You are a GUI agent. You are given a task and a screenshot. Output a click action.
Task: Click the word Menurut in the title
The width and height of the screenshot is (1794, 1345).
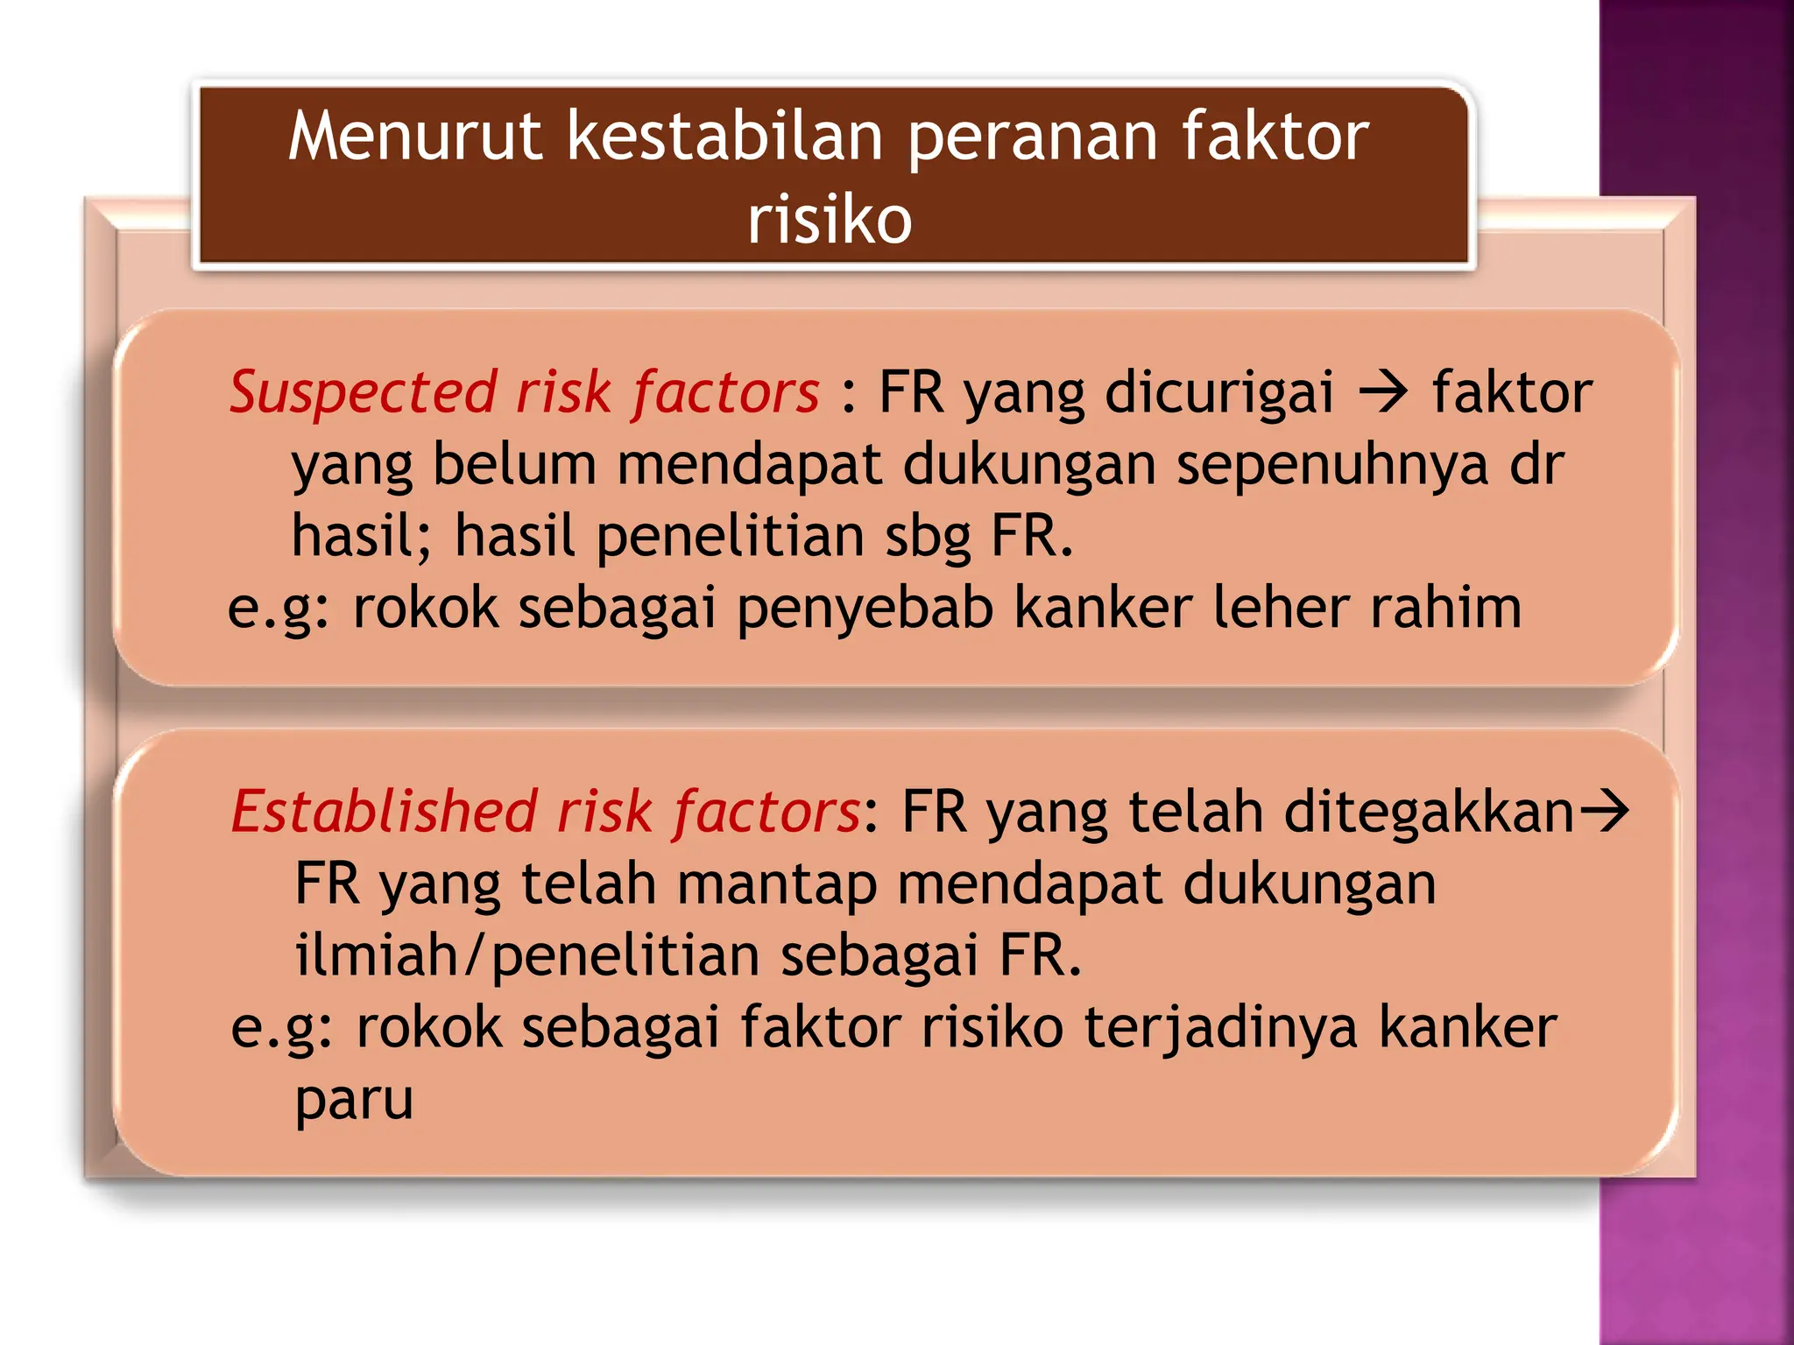(415, 137)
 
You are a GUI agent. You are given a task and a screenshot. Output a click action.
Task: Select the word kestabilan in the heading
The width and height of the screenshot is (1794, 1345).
(724, 137)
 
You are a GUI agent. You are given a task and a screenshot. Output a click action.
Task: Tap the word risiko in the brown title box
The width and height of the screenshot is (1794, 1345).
(830, 220)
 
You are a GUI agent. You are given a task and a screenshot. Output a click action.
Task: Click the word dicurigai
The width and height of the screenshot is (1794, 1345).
(1219, 393)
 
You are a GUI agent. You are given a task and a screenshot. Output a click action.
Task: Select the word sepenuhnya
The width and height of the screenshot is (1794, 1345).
(1331, 465)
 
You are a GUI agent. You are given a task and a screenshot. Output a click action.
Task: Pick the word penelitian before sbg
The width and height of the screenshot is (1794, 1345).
(731, 536)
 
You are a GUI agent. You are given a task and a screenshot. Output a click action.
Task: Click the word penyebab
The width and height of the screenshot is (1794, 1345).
(865, 609)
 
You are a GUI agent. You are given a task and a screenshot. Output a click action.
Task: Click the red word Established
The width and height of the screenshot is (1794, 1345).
(385, 811)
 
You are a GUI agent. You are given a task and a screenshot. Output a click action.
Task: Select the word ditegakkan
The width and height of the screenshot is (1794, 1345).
(1430, 813)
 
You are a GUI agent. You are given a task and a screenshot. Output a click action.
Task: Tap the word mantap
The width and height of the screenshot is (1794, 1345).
(777, 884)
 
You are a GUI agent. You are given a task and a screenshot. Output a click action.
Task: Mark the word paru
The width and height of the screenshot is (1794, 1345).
(354, 1101)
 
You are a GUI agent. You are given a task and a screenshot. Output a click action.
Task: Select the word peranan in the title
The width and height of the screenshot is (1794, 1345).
(1034, 138)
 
